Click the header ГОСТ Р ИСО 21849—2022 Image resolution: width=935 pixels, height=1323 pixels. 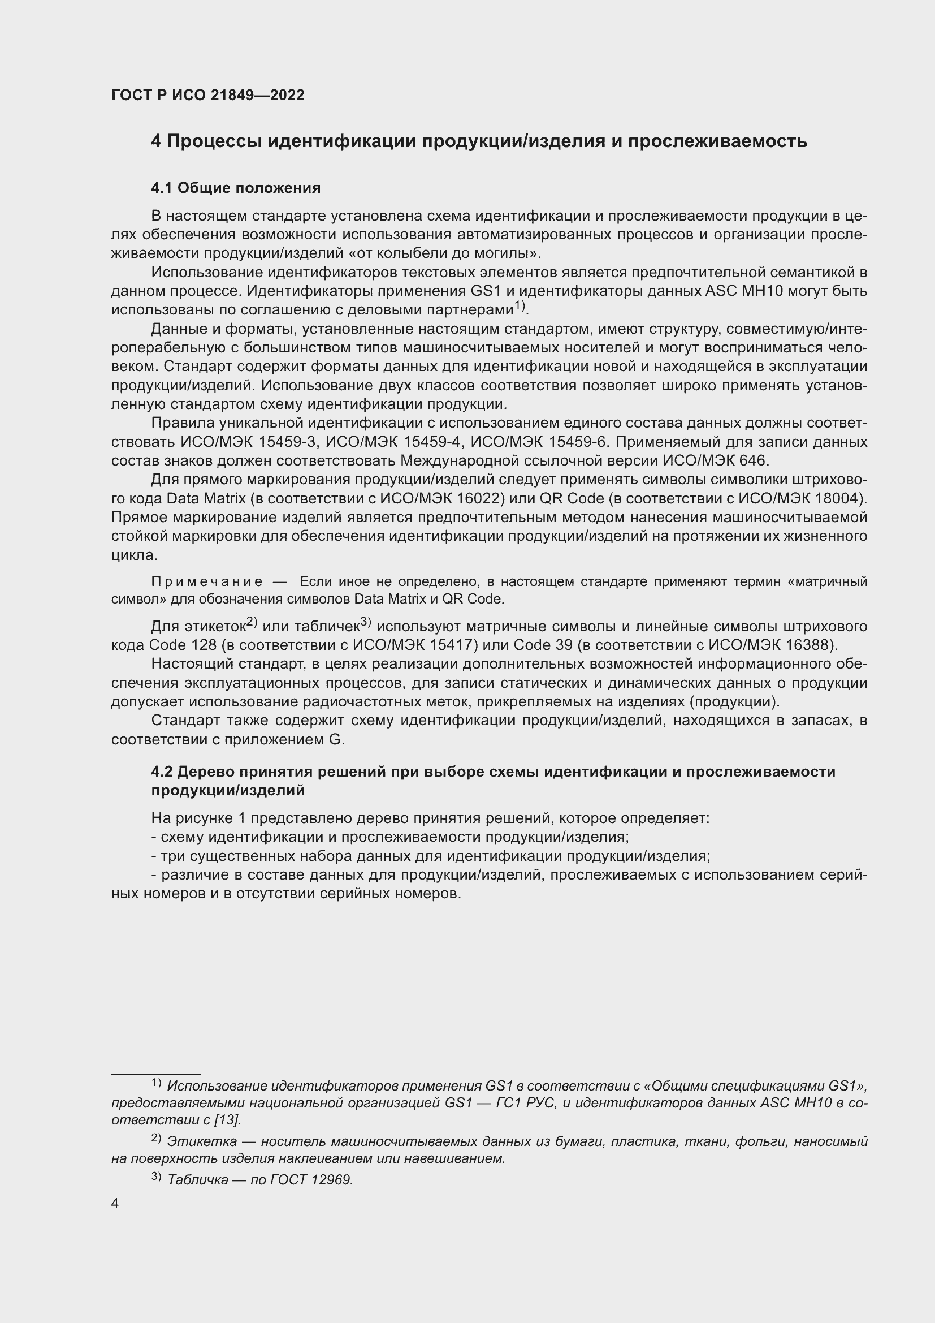[x=208, y=96]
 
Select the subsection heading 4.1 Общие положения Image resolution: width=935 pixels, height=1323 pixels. [x=236, y=188]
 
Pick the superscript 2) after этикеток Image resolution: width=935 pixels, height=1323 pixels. [x=251, y=622]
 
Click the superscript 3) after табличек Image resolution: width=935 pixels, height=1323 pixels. [x=366, y=622]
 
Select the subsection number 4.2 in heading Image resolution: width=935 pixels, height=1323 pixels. [x=162, y=772]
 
